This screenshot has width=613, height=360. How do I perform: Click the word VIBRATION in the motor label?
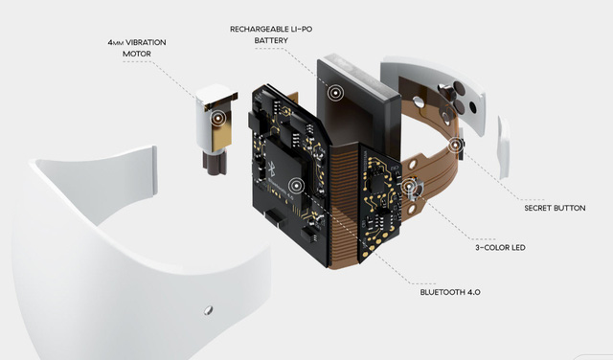146,42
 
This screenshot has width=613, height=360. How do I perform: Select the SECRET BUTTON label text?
555,208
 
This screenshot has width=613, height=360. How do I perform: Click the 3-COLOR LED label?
500,247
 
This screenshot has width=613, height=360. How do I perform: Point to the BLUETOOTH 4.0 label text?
450,292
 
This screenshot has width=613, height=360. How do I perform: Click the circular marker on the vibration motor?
218,117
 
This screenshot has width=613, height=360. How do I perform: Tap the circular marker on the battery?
335,93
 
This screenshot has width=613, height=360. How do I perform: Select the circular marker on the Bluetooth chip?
296,185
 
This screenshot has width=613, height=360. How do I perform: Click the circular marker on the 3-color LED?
409,186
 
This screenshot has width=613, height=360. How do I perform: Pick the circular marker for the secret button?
455,146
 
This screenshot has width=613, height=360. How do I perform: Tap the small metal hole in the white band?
209,310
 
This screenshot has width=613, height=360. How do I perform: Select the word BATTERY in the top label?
271,40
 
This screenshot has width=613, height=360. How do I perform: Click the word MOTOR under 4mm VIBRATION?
137,54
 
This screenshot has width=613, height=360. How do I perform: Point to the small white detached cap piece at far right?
504,146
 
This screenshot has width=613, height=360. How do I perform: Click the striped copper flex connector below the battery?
344,203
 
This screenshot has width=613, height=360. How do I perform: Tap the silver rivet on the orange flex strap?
419,102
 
